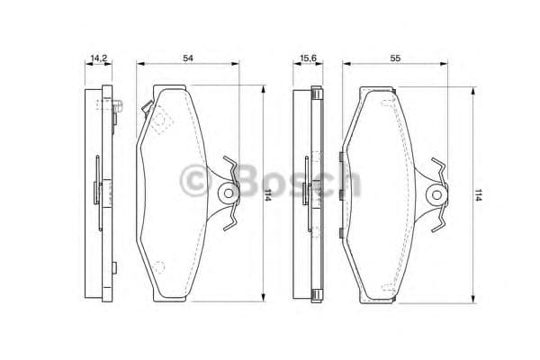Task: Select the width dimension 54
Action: coord(188,58)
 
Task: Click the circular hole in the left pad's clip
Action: coord(228,192)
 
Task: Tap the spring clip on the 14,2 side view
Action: coord(98,190)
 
